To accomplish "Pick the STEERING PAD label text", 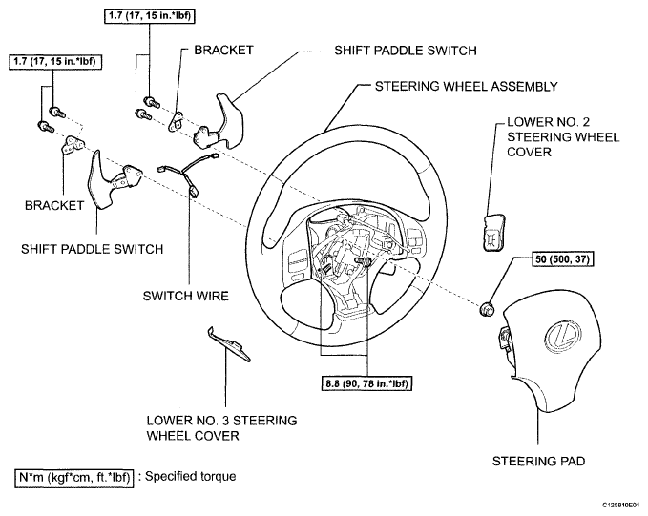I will click(538, 461).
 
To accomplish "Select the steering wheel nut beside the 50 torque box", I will click(487, 307).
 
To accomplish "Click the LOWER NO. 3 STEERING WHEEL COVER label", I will click(220, 427).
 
